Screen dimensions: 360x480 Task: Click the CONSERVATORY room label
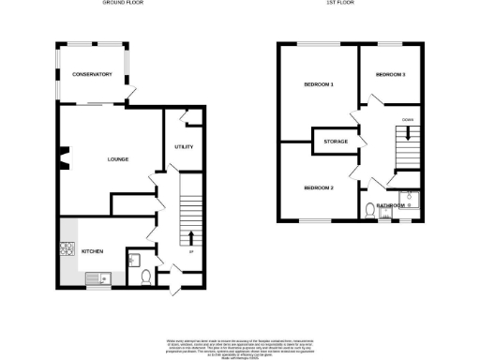[93, 74]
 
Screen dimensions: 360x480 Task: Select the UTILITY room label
[184, 147]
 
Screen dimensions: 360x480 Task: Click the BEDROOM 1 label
[319, 85]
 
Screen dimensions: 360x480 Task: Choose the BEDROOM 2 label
[319, 188]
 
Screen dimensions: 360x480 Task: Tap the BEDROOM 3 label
[390, 74]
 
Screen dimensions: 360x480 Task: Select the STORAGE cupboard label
[336, 142]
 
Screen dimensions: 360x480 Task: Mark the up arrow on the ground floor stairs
[190, 235]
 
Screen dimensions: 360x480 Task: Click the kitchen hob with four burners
[67, 249]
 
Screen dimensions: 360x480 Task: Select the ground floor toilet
[145, 277]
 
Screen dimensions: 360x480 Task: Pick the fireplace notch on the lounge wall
[62, 157]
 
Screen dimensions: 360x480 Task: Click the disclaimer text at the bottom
[240, 344]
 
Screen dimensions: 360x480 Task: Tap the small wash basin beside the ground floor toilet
[134, 260]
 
